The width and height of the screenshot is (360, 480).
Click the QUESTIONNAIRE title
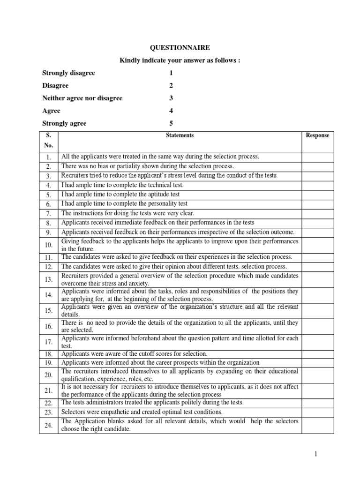(180, 47)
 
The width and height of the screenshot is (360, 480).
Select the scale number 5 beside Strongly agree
(171, 123)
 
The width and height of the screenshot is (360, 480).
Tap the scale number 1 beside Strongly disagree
(171, 73)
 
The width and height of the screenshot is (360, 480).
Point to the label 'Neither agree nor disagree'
(82, 98)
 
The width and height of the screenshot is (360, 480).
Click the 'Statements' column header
(180, 135)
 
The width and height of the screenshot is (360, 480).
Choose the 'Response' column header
(317, 135)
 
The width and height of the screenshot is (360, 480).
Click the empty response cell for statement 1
(317, 156)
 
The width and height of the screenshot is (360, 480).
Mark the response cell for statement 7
(317, 213)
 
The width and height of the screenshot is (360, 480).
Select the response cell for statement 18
(317, 354)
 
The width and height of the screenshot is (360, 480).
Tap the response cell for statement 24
(317, 425)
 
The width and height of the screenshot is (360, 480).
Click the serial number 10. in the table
(49, 245)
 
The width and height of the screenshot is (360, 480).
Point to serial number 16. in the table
(49, 327)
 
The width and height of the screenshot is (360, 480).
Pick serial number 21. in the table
(49, 390)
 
